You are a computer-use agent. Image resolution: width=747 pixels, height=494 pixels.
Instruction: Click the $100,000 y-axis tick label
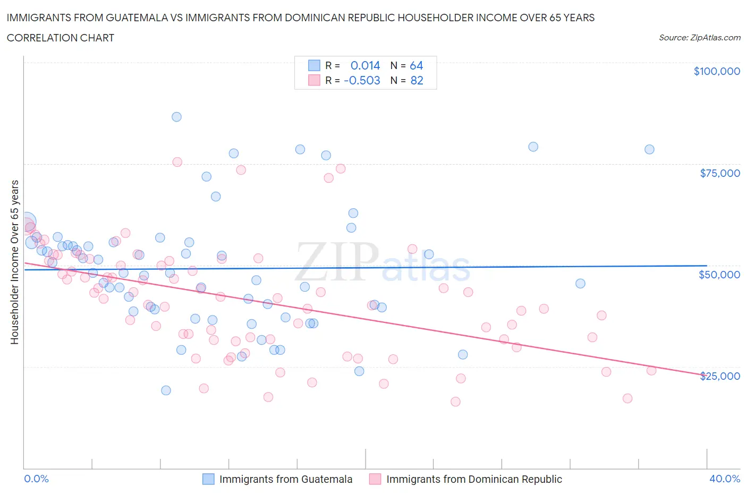point(716,71)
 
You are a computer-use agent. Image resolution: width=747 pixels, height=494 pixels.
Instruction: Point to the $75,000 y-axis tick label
point(719,173)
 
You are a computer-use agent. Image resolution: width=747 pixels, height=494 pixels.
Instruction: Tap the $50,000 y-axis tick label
point(719,275)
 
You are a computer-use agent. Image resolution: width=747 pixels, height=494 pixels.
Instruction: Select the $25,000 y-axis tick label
point(719,376)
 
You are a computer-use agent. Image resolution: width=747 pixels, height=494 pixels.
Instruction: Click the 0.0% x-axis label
point(36,479)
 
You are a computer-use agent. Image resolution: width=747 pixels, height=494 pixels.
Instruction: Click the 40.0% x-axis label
point(725,479)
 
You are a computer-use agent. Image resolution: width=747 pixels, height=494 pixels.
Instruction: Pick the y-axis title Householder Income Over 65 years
point(15,262)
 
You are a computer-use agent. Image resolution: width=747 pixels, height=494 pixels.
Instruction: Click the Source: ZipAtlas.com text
point(699,38)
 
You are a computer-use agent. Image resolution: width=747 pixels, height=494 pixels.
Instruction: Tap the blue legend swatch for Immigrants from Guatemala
point(208,479)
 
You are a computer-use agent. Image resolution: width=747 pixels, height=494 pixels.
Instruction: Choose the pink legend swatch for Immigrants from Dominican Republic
point(375,479)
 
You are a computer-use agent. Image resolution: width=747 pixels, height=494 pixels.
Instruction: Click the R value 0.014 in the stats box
point(365,65)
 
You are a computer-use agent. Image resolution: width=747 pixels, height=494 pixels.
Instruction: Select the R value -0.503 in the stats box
point(362,80)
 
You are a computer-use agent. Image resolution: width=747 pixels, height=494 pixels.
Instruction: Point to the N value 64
point(416,65)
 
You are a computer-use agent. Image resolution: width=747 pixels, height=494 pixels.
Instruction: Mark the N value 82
point(417,80)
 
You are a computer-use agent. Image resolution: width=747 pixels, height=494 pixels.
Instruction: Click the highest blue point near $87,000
point(176,117)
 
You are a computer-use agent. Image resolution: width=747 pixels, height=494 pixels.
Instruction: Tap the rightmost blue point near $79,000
point(649,149)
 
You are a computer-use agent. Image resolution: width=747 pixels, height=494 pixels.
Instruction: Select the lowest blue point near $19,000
point(166,390)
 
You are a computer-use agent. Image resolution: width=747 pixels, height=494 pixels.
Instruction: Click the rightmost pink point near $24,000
point(651,370)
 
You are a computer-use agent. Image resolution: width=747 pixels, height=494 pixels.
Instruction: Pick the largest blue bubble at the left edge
point(26,222)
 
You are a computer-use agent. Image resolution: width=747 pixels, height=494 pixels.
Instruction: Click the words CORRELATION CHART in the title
point(61,38)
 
